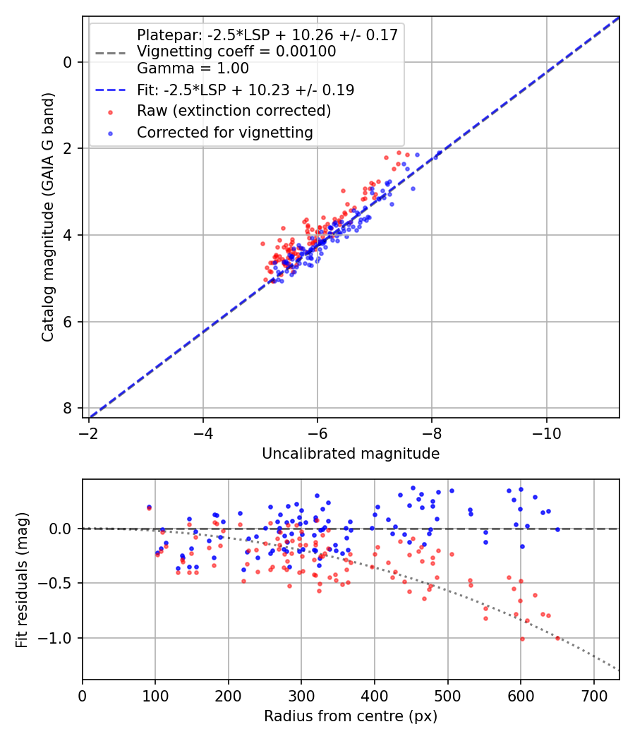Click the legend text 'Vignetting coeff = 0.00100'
coord(236,52)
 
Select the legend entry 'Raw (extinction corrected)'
coord(234,111)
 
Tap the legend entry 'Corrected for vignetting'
coord(225,132)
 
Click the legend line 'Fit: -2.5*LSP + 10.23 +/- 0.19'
coord(246,90)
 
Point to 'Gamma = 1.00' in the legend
coord(193,68)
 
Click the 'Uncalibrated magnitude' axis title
coord(351,454)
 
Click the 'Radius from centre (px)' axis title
coord(351,716)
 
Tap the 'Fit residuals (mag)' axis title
coord(22,579)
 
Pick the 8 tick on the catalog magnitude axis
coord(68,409)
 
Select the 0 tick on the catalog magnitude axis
coord(68,62)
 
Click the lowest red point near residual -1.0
coord(522,639)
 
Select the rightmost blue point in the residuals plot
coord(557,529)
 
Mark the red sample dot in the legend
coord(110,111)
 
